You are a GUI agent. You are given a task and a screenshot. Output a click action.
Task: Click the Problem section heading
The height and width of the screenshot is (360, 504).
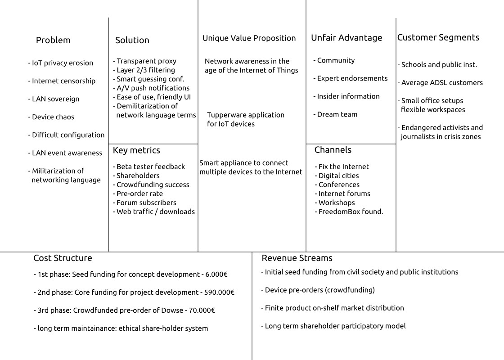point(53,40)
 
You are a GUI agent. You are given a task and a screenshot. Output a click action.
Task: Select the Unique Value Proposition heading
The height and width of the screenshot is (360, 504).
point(249,38)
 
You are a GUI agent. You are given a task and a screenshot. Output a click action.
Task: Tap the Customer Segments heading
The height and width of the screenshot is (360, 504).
point(438,38)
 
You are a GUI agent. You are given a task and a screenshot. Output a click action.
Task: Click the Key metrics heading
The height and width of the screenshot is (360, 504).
point(136,150)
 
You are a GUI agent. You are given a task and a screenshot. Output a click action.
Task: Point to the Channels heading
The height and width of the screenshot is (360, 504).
point(333,150)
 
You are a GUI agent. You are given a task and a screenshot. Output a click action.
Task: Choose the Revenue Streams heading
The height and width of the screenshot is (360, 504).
point(297,258)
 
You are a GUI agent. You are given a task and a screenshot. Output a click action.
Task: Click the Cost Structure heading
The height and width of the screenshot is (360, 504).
point(63,258)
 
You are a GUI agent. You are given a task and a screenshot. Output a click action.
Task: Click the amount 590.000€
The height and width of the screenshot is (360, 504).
point(219,292)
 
